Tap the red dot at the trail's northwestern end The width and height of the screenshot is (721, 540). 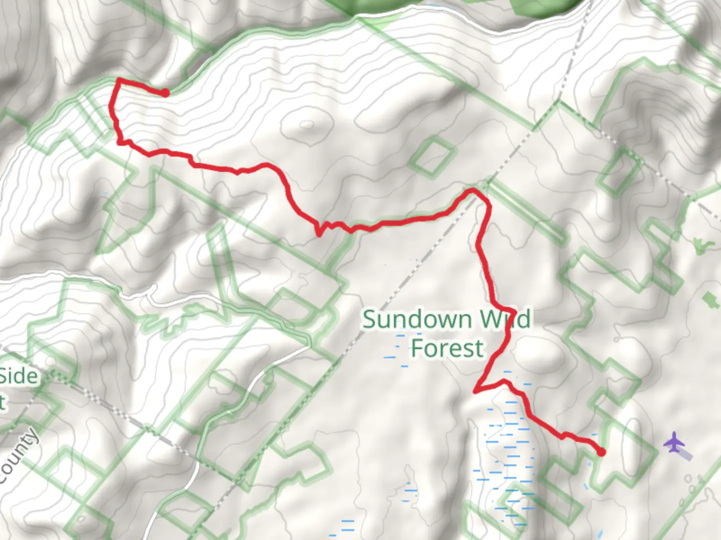click(x=165, y=92)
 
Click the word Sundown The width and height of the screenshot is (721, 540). click(x=417, y=319)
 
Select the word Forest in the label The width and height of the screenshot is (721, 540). click(x=447, y=348)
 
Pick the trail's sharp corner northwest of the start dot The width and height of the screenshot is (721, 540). click(x=119, y=79)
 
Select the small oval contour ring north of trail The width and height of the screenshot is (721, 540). click(x=307, y=124)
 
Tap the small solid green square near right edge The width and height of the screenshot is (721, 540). click(x=709, y=300)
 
